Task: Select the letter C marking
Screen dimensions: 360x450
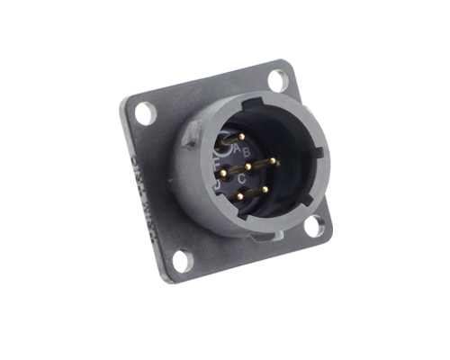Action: click(242, 178)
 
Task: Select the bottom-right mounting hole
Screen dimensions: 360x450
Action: click(313, 225)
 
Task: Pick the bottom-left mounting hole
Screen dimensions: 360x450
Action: click(182, 261)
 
